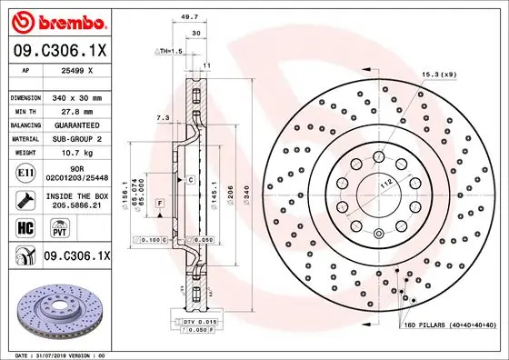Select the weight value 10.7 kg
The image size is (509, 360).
point(75,154)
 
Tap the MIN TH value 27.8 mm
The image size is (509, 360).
point(75,110)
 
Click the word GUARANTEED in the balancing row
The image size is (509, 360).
point(75,125)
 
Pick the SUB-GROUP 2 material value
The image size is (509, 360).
point(75,139)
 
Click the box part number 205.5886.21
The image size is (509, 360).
point(75,206)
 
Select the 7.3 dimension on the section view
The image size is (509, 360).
point(162,117)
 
